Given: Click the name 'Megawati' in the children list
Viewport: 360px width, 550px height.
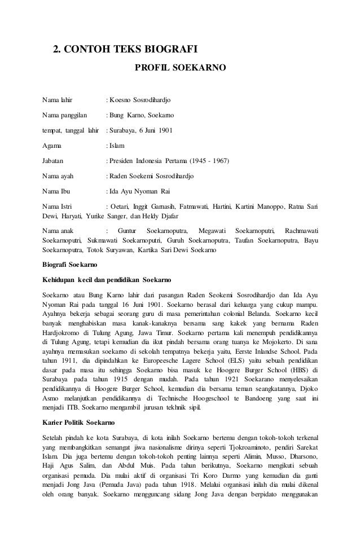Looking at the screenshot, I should [209, 231].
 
